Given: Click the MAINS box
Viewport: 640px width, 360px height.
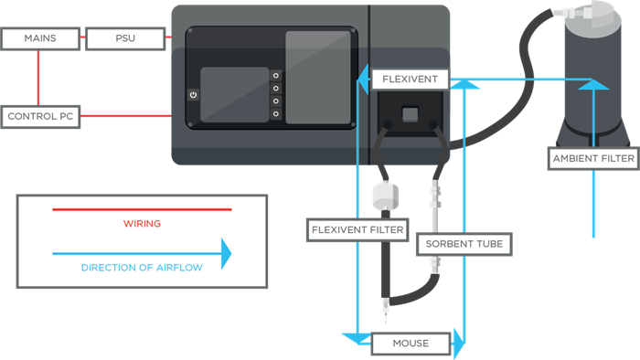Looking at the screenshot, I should [x=39, y=38].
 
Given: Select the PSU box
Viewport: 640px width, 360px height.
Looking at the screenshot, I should [x=126, y=38].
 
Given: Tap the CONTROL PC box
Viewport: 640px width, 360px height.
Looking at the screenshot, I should [x=39, y=117].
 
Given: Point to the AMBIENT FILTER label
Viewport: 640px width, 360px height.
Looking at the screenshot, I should [x=592, y=158].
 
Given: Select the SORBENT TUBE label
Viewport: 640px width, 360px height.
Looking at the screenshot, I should [x=462, y=245].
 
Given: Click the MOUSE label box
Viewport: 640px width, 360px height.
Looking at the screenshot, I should [x=411, y=344].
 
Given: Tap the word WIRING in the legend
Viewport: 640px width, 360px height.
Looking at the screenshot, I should [x=142, y=223].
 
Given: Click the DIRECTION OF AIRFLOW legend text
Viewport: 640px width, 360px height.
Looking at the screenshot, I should [x=142, y=268].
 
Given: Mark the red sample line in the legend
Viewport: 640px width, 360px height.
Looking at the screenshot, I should [x=142, y=209].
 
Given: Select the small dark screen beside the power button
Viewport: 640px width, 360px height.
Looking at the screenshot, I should [x=234, y=94].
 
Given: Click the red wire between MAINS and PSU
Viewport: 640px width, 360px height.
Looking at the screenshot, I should [x=80, y=38].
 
